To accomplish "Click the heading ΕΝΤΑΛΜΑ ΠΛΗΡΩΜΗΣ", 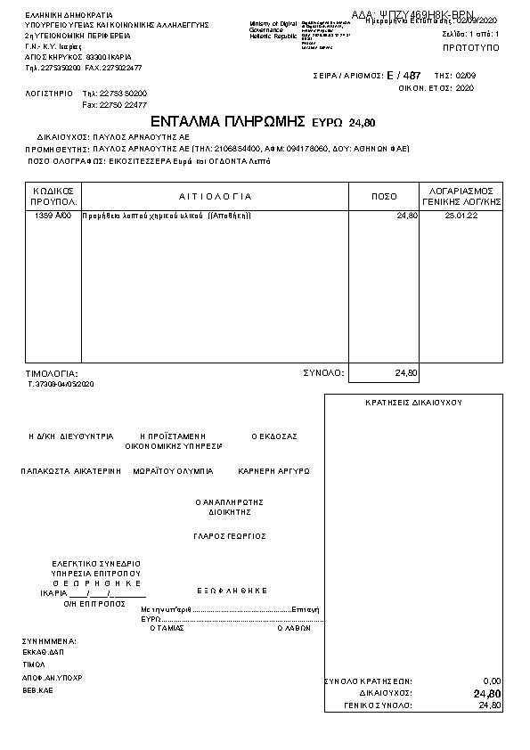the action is [229, 121].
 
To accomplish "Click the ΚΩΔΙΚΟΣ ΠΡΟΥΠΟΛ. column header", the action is [53, 196].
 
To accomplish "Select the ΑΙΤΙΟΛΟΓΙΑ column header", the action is [215, 196].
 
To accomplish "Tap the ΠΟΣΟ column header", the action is [384, 196].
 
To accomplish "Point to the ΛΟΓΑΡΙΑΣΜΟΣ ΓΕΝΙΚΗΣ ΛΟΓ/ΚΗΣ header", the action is [461, 196].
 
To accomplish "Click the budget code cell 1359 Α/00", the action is [53, 216].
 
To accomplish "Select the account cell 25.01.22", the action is [461, 216].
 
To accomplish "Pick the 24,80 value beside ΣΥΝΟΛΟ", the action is [406, 372].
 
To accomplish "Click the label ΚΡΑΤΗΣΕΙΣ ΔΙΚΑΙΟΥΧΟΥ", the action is [413, 403].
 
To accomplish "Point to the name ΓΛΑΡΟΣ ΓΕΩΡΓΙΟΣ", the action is [230, 536].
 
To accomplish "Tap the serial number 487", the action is [412, 77].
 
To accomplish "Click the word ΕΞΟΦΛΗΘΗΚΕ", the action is [232, 590].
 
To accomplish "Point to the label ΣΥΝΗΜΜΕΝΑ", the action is [49, 640].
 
